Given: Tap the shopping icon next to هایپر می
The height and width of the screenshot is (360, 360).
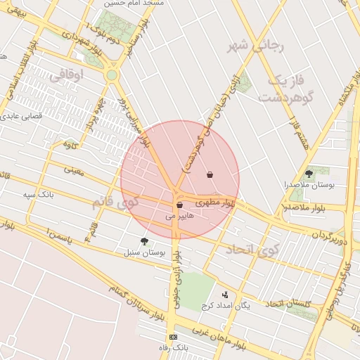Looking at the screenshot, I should [x=180, y=205].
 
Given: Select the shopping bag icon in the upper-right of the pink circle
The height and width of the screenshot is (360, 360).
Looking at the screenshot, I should [x=210, y=174].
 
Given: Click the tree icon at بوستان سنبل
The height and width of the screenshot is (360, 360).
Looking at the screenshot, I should [x=144, y=240].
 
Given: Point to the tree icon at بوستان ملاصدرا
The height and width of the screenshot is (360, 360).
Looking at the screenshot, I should [x=309, y=173].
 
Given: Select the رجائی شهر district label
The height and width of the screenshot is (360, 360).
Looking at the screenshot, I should [x=255, y=47].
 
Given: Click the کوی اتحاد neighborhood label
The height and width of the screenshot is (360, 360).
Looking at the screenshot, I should [x=252, y=249].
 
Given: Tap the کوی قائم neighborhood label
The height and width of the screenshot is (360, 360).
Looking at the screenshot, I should [x=116, y=202].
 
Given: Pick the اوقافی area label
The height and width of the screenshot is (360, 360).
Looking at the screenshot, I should [x=67, y=73].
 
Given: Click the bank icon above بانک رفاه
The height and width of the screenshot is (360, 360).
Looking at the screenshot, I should [x=174, y=337].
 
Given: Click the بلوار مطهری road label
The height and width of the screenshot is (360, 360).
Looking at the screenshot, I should [x=212, y=202].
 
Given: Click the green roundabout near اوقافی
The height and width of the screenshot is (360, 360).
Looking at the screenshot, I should [x=111, y=75].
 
